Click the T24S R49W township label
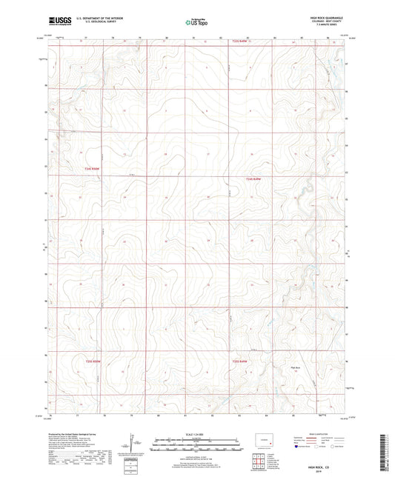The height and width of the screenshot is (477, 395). [x=254, y=179]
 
